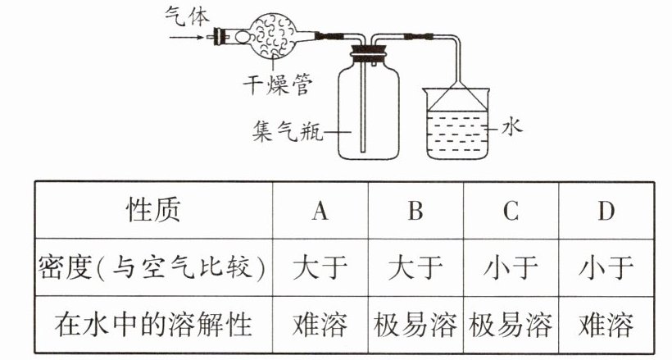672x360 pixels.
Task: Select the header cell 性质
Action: (x=152, y=211)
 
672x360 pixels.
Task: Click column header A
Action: (x=320, y=211)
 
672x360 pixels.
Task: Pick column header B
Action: (x=415, y=211)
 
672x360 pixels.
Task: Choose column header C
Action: (x=511, y=211)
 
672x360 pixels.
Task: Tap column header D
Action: (x=606, y=211)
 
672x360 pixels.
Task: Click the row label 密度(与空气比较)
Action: (x=152, y=268)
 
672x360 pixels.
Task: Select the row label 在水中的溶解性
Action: (x=152, y=325)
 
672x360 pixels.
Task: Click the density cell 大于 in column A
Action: (x=320, y=268)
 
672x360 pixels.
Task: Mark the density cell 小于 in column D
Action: (x=606, y=268)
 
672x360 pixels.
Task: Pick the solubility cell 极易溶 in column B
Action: (x=415, y=325)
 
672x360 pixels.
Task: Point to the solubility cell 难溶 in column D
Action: (x=606, y=325)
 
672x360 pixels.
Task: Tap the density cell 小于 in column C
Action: (x=511, y=268)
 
